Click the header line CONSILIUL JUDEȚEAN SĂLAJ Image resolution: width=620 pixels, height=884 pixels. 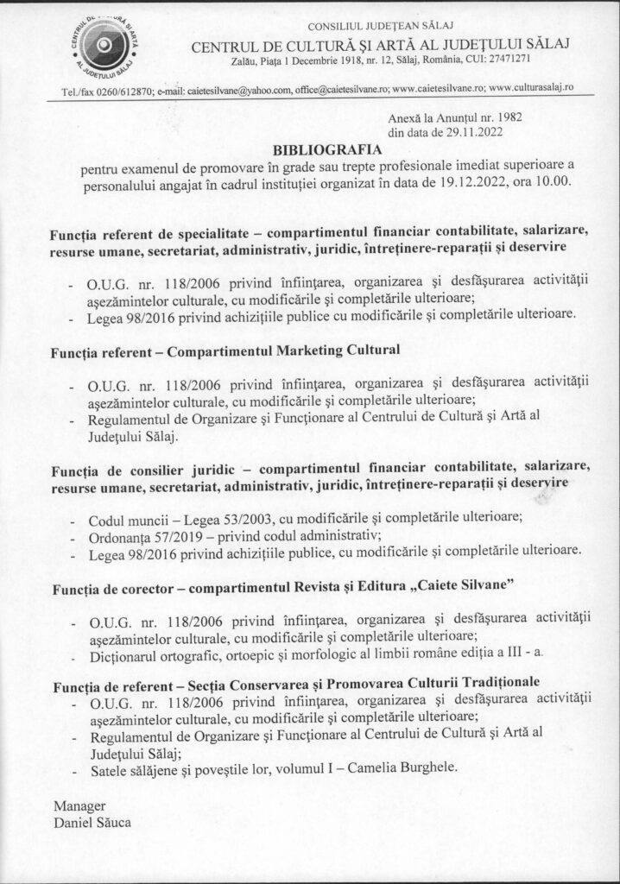tap(374, 12)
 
